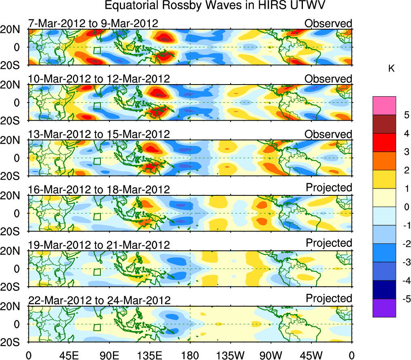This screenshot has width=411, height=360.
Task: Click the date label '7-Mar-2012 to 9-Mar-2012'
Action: [93, 23]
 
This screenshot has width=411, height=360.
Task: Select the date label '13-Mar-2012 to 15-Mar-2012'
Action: [99, 134]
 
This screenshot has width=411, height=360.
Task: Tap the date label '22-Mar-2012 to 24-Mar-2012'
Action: [99, 300]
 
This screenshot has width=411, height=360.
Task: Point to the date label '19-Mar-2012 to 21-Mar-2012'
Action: [99, 245]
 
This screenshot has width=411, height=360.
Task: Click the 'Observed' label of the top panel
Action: [328, 23]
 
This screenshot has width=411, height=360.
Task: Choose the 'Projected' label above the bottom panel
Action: [329, 298]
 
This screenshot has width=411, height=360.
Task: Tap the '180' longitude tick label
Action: [190, 355]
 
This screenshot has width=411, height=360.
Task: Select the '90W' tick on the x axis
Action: [271, 355]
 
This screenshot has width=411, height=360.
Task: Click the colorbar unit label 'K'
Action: [391, 69]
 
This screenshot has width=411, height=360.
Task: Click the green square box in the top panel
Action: [97, 51]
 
